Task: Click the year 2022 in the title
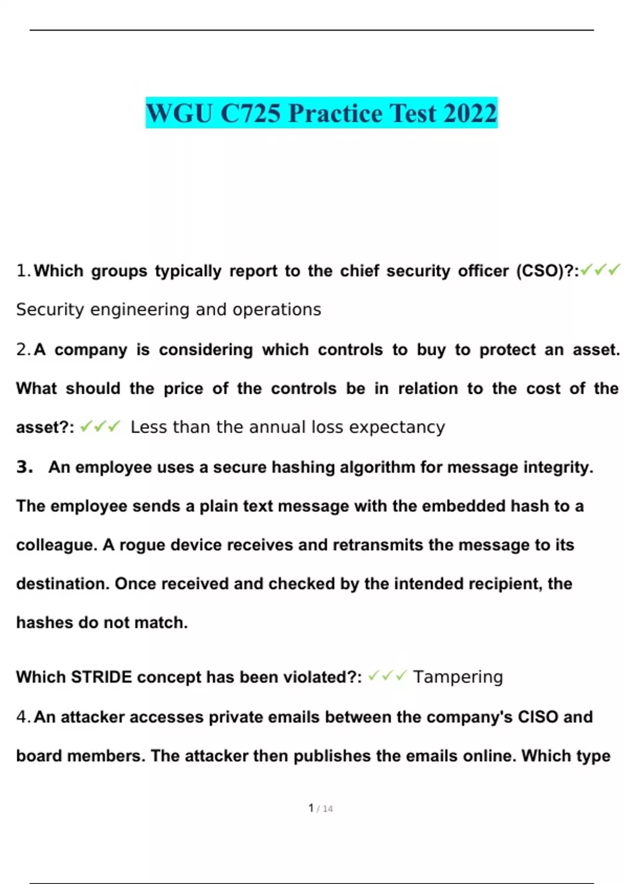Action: click(470, 113)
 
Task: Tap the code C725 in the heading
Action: click(251, 113)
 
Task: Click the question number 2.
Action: click(23, 349)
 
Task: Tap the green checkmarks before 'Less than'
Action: click(100, 427)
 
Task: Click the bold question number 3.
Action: click(24, 467)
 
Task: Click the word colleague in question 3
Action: click(56, 545)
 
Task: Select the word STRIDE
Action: click(101, 677)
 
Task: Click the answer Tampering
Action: click(458, 677)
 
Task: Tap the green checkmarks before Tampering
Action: click(387, 676)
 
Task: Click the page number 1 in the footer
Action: click(311, 808)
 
